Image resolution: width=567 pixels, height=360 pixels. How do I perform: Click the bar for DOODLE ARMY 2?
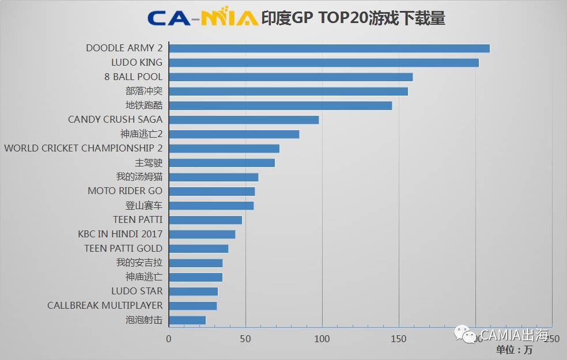[329, 48]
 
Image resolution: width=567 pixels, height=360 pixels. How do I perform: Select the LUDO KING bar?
[324, 63]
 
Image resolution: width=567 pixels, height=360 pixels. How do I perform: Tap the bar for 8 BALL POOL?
[290, 77]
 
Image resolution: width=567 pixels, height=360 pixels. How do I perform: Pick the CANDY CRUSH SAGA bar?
[244, 120]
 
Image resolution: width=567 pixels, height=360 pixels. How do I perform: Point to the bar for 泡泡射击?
[187, 320]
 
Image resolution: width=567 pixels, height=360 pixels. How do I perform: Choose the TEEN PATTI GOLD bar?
[198, 248]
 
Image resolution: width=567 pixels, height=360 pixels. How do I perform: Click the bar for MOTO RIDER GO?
[211, 191]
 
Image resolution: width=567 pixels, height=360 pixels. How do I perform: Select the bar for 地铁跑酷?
[280, 105]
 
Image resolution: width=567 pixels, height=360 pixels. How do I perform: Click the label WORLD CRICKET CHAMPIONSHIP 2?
[84, 148]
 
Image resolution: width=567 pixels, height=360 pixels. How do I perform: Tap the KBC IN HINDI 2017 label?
[120, 234]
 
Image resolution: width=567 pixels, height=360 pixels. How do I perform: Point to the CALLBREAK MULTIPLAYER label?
[105, 305]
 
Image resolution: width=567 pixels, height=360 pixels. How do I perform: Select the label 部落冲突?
[144, 91]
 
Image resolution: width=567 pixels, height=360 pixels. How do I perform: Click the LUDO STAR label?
[137, 291]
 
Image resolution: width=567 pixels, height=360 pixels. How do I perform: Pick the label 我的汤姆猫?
[139, 177]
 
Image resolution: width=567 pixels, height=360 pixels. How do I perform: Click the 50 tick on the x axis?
[245, 339]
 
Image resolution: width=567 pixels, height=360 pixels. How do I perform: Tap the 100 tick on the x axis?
[322, 339]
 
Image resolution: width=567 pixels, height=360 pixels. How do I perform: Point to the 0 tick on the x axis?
[169, 339]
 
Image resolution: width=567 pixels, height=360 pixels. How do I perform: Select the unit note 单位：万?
[514, 349]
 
